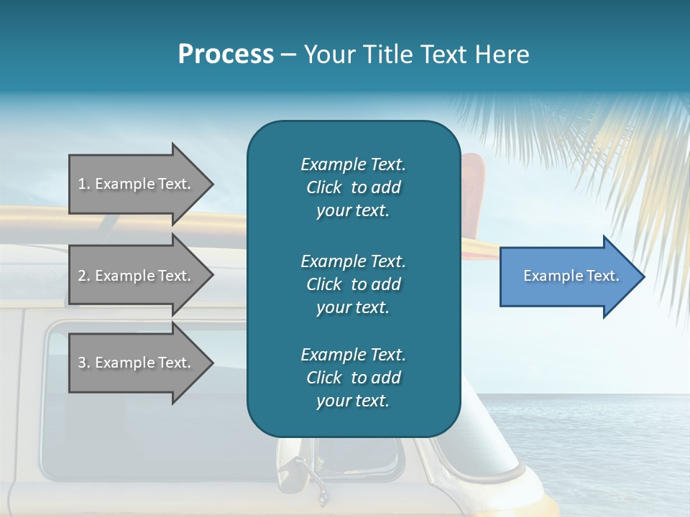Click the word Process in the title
pyautogui.click(x=226, y=55)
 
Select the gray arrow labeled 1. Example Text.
pyautogui.click(x=137, y=184)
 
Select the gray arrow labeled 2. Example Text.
pyautogui.click(x=137, y=276)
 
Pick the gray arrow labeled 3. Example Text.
pyautogui.click(x=137, y=363)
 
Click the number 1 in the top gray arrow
pyautogui.click(x=82, y=184)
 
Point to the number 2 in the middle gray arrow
pyautogui.click(x=82, y=276)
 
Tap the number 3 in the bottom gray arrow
pyautogui.click(x=82, y=363)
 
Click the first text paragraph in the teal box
pyautogui.click(x=353, y=187)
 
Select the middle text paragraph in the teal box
pyautogui.click(x=353, y=284)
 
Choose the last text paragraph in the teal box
pyautogui.click(x=353, y=378)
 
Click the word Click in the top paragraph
pyautogui.click(x=324, y=188)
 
